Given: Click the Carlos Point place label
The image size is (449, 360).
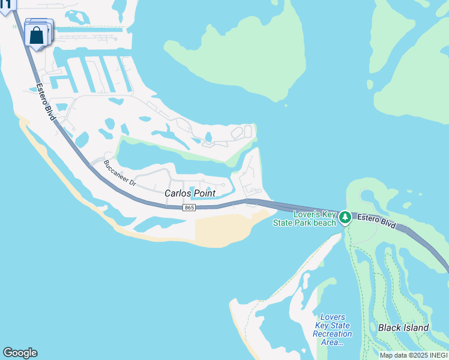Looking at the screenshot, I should (x=190, y=193).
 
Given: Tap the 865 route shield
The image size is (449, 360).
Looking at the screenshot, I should (x=189, y=208).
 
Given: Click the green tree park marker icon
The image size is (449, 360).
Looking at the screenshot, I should (x=345, y=217).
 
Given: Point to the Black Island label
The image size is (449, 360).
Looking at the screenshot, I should (x=403, y=328).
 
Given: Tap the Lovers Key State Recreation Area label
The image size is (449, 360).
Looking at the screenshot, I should (x=333, y=329).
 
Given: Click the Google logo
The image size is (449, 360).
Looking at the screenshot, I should (x=20, y=353).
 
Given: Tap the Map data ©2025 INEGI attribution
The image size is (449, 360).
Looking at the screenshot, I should (x=413, y=355).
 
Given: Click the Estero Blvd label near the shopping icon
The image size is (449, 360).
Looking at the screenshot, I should (x=46, y=101).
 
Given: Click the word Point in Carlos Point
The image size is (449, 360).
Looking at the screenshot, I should (x=204, y=193).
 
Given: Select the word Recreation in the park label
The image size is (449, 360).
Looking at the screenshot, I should (x=333, y=334).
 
